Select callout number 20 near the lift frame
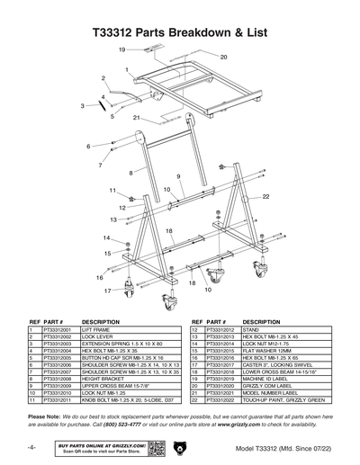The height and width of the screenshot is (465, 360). click(x=224, y=56)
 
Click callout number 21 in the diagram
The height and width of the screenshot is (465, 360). click(x=136, y=118)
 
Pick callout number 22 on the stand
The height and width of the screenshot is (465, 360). click(x=267, y=195)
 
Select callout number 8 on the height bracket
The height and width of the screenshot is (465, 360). click(x=131, y=171)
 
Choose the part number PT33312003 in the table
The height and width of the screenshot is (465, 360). click(x=58, y=343)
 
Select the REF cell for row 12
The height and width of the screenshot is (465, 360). click(x=195, y=330)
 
